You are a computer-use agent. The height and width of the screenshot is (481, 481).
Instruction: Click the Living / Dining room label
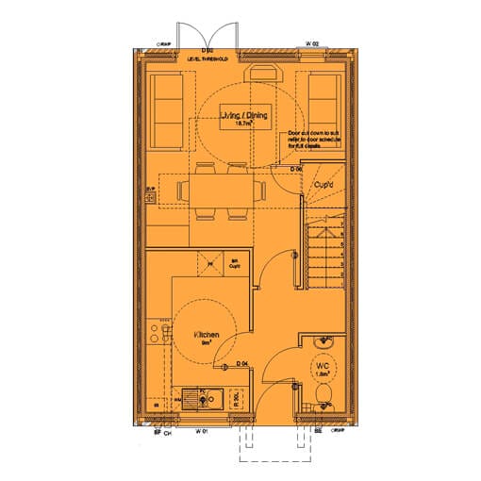click(x=244, y=115)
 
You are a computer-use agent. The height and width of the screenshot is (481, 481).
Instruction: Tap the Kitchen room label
click(x=207, y=335)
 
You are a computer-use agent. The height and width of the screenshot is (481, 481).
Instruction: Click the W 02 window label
click(x=312, y=44)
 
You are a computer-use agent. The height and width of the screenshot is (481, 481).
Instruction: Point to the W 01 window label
click(x=201, y=432)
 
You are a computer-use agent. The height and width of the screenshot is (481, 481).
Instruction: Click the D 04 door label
click(x=242, y=363)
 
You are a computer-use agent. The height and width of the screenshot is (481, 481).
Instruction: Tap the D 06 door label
click(x=295, y=169)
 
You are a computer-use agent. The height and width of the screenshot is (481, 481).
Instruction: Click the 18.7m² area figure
click(x=244, y=124)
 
